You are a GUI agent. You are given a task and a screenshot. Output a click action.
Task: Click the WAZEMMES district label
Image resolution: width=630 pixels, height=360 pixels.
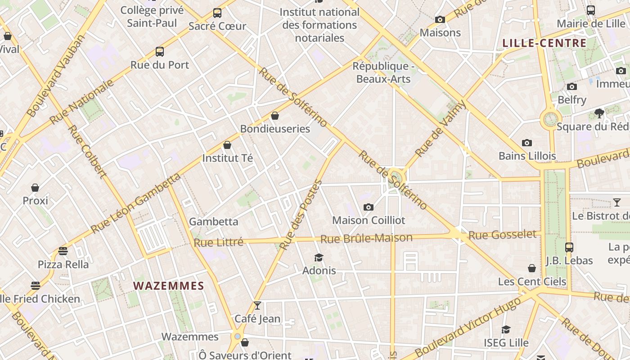(x=169, y=286)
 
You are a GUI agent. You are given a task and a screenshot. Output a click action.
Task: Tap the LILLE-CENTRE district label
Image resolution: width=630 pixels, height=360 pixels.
(x=544, y=43)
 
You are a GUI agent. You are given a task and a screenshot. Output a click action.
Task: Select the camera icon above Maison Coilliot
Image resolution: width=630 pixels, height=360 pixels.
(x=369, y=207)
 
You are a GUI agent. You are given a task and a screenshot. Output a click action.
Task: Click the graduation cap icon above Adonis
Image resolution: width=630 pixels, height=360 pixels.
(x=319, y=257)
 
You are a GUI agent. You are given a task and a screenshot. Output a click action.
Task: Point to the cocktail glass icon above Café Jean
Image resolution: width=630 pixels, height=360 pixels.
(x=257, y=306)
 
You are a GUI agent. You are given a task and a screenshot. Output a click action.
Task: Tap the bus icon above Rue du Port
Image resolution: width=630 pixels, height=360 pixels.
(x=160, y=52)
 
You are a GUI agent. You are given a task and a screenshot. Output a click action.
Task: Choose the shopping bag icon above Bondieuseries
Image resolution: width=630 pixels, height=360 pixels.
(x=275, y=116)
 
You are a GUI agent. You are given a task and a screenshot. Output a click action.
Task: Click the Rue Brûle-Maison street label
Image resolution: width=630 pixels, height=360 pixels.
(x=366, y=238)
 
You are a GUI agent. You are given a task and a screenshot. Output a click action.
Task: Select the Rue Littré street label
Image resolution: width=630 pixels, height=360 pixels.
(x=218, y=242)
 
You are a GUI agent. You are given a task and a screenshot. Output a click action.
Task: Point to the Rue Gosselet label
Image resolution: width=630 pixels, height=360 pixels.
(x=502, y=234)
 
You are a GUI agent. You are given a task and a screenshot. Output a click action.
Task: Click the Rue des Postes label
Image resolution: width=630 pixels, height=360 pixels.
(x=301, y=215)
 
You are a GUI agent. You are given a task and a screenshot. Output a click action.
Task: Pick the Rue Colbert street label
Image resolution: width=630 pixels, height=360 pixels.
(x=87, y=151)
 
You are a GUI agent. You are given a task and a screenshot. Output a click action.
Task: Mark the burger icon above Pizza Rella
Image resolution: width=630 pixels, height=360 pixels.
(x=63, y=251)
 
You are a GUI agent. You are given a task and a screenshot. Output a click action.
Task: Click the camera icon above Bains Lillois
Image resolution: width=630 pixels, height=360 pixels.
(x=527, y=143)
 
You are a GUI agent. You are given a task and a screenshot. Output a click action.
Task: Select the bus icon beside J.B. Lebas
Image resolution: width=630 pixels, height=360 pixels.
(x=569, y=247)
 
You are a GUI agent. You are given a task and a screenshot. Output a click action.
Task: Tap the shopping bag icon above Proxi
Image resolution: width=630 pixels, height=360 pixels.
(x=35, y=187)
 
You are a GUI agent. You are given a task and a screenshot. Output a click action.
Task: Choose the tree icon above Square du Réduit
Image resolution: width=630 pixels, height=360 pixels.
(x=599, y=113)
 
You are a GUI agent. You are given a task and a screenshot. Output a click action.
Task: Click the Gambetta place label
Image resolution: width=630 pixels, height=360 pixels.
(x=213, y=221)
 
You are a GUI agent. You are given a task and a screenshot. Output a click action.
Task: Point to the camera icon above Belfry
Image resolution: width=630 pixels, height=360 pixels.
(x=572, y=86)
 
